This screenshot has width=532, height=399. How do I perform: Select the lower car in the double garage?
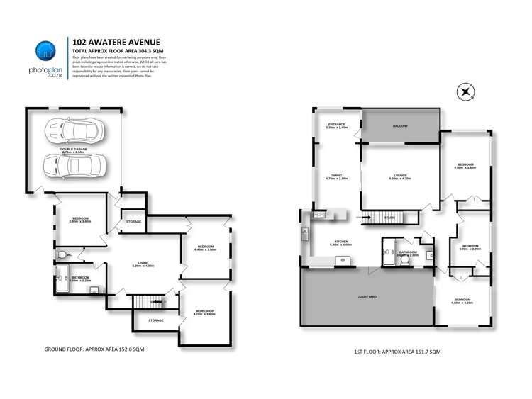point(72,166)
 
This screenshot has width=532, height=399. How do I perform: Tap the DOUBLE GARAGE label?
point(74,150)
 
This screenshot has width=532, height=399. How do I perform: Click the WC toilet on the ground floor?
point(62,254)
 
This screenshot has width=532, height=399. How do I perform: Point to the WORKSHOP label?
point(204,312)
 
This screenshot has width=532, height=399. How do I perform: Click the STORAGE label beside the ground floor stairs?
point(156,320)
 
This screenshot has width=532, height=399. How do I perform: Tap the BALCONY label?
point(401,126)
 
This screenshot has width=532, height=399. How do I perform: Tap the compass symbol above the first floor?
point(465,91)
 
